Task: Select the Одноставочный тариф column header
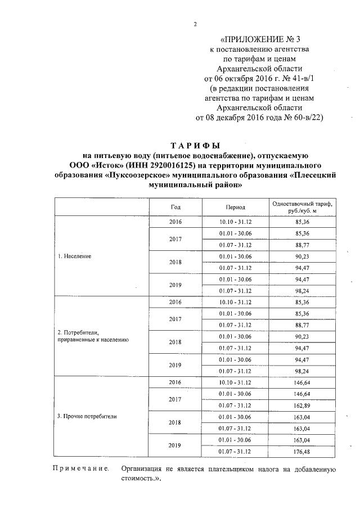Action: [x=301, y=206]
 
